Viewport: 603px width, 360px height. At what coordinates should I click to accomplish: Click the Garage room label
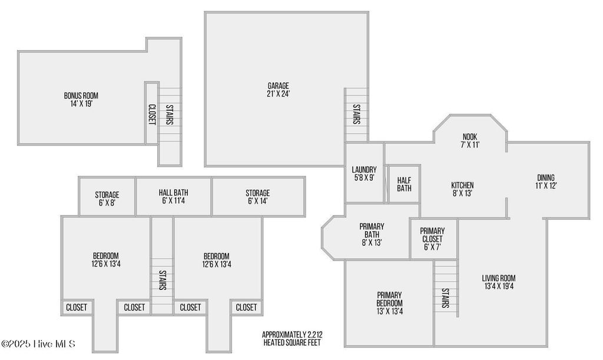tap(278, 90)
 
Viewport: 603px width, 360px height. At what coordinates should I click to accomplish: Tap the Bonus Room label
tap(81, 99)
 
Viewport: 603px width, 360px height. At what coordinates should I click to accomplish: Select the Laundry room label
tap(364, 173)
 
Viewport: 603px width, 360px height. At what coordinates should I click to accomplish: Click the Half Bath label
tap(404, 184)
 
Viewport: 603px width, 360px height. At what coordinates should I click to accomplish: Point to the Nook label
tap(469, 141)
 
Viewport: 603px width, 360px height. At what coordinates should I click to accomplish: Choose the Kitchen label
tap(462, 189)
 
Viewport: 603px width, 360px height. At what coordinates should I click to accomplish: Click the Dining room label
tap(546, 181)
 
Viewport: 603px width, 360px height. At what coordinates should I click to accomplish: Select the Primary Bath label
tap(372, 234)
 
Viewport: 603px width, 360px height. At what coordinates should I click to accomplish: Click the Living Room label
tap(499, 282)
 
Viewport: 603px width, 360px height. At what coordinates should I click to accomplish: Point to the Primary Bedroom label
tap(389, 303)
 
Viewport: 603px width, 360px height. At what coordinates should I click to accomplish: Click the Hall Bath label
tap(174, 196)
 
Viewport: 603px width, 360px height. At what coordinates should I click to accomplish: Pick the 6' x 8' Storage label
tap(107, 198)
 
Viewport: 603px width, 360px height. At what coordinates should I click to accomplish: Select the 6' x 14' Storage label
tap(257, 197)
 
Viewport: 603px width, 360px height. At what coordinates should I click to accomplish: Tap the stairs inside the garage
tap(356, 114)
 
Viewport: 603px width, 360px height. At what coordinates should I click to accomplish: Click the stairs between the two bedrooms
tap(162, 280)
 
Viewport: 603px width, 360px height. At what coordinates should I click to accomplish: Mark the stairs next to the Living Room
tap(445, 298)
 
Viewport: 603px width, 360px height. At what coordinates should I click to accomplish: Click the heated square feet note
tap(292, 338)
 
